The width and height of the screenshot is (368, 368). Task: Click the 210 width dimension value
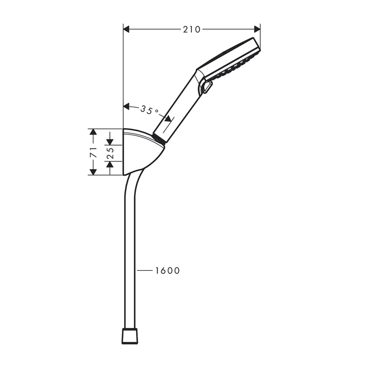tap(191, 29)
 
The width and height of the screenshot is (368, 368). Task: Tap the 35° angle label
tap(149, 110)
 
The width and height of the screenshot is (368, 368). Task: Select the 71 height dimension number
tap(93, 152)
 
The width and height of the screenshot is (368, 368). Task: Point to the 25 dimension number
tap(110, 154)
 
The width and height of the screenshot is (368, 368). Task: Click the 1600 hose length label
tap(167, 271)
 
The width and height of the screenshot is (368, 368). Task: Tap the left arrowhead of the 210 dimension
tap(126, 29)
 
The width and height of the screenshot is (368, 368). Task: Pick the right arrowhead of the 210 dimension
tap(257, 29)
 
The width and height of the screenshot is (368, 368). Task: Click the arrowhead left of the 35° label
tap(126, 107)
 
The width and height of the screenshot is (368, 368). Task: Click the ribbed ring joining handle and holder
tap(160, 139)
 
